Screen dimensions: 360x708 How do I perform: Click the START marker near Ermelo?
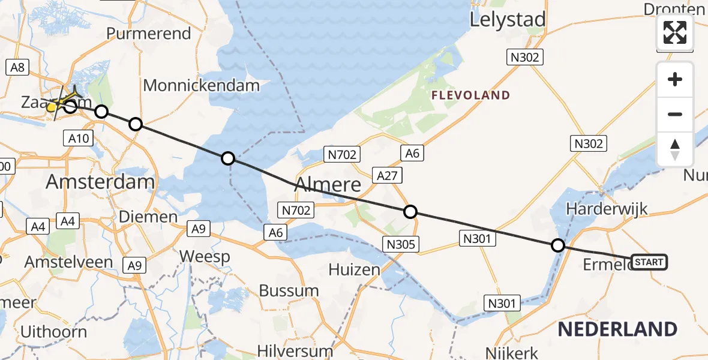tap(649, 262)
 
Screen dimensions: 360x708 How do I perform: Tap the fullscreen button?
tap(675, 32)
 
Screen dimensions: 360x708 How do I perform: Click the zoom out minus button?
tap(675, 114)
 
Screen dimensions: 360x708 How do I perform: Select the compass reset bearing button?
tap(675, 149)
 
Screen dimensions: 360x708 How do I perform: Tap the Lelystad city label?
tap(508, 20)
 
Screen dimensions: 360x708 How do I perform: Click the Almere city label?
tap(328, 184)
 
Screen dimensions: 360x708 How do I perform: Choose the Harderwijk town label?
tap(606, 209)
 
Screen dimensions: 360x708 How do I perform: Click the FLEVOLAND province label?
tap(471, 95)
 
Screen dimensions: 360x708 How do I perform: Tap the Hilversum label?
tap(295, 350)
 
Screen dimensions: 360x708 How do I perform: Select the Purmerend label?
tap(149, 33)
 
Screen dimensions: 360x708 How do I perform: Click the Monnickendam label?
tap(202, 86)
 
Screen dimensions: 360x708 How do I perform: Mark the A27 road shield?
tap(387, 176)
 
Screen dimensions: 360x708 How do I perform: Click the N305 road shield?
tap(401, 244)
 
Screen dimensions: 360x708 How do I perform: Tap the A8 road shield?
tap(18, 68)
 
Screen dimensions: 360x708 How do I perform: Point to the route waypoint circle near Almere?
tap(410, 212)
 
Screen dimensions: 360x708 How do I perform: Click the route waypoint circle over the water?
tap(228, 158)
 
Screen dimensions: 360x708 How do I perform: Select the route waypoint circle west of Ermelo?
tap(558, 245)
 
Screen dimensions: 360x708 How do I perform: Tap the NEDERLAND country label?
tap(617, 329)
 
